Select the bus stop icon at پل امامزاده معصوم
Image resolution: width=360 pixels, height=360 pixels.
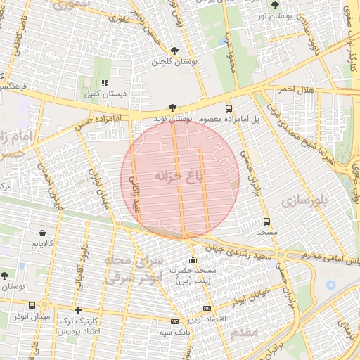(229, 108)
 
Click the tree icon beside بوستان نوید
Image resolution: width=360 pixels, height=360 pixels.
(173, 108)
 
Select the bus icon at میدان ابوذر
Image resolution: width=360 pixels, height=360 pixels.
(32, 306)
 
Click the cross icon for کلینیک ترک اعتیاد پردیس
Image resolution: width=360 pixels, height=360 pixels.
(78, 310)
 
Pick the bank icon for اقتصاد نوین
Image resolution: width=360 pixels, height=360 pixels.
(206, 308)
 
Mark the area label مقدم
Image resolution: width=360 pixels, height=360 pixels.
(240, 333)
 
